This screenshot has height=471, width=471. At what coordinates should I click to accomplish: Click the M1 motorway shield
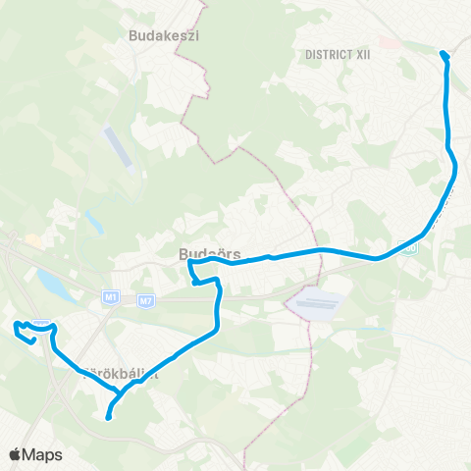pyautogui.click(x=111, y=296)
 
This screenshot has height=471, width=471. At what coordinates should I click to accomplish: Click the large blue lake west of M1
pyautogui.click(x=49, y=284)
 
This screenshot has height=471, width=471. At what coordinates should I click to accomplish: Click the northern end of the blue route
pyautogui.click(x=444, y=53)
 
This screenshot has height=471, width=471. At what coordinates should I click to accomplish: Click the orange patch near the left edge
pyautogui.click(x=33, y=239)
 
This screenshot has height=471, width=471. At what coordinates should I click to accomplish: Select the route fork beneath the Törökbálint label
pyautogui.click(x=119, y=393)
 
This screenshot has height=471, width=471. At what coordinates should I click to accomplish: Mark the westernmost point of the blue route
pyautogui.click(x=15, y=325)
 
